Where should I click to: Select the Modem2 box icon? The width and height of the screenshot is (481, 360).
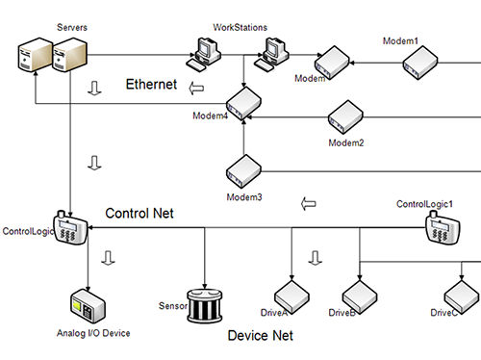point(347,118)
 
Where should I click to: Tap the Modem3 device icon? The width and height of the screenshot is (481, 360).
point(244,171)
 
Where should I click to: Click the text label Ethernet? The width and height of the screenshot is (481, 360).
point(152,85)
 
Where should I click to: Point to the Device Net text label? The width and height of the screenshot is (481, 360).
point(260,336)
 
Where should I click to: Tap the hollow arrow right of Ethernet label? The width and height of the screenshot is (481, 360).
point(197,90)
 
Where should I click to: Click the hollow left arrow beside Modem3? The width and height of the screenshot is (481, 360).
point(309,204)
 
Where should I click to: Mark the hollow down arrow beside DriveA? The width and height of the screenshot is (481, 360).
point(314,258)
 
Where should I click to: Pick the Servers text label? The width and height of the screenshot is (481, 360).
point(73,29)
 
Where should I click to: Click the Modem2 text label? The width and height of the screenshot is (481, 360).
point(346,142)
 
